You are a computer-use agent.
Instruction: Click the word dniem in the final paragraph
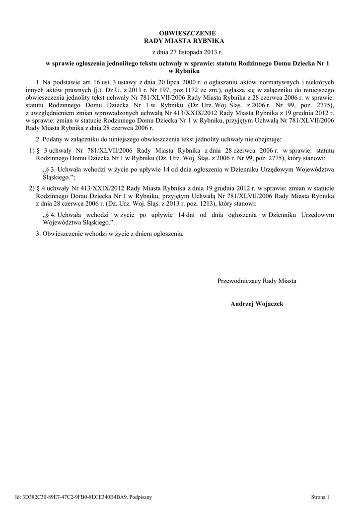pyautogui.click(x=133, y=233)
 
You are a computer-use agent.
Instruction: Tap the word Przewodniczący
pyautogui.click(x=239, y=281)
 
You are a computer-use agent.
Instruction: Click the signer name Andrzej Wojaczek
pyautogui.click(x=257, y=303)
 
